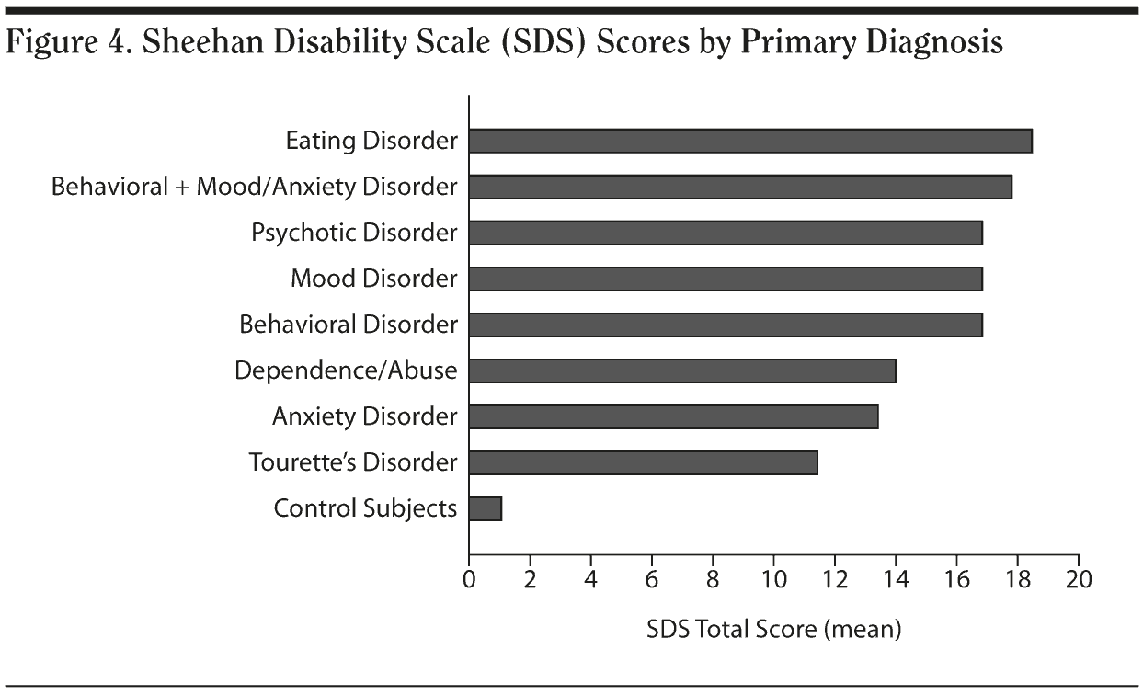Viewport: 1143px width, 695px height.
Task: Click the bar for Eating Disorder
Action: coord(749,141)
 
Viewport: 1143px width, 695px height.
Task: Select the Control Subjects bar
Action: coord(485,508)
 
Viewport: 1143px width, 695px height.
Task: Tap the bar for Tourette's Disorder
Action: coord(643,462)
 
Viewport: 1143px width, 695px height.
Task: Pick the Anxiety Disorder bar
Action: coord(673,416)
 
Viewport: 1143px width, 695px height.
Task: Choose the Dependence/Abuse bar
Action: coord(681,370)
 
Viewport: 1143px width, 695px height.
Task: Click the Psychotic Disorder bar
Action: coord(725,233)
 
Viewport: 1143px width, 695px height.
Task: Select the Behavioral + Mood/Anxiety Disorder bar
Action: coord(739,187)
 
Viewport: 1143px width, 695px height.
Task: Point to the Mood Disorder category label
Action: coord(373,279)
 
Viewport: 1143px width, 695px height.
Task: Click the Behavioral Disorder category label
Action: coord(348,325)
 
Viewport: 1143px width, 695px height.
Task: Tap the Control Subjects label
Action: coord(365,508)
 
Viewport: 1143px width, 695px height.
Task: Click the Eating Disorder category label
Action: coord(371,141)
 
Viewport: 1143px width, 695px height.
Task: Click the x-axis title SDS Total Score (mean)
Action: coord(772,630)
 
